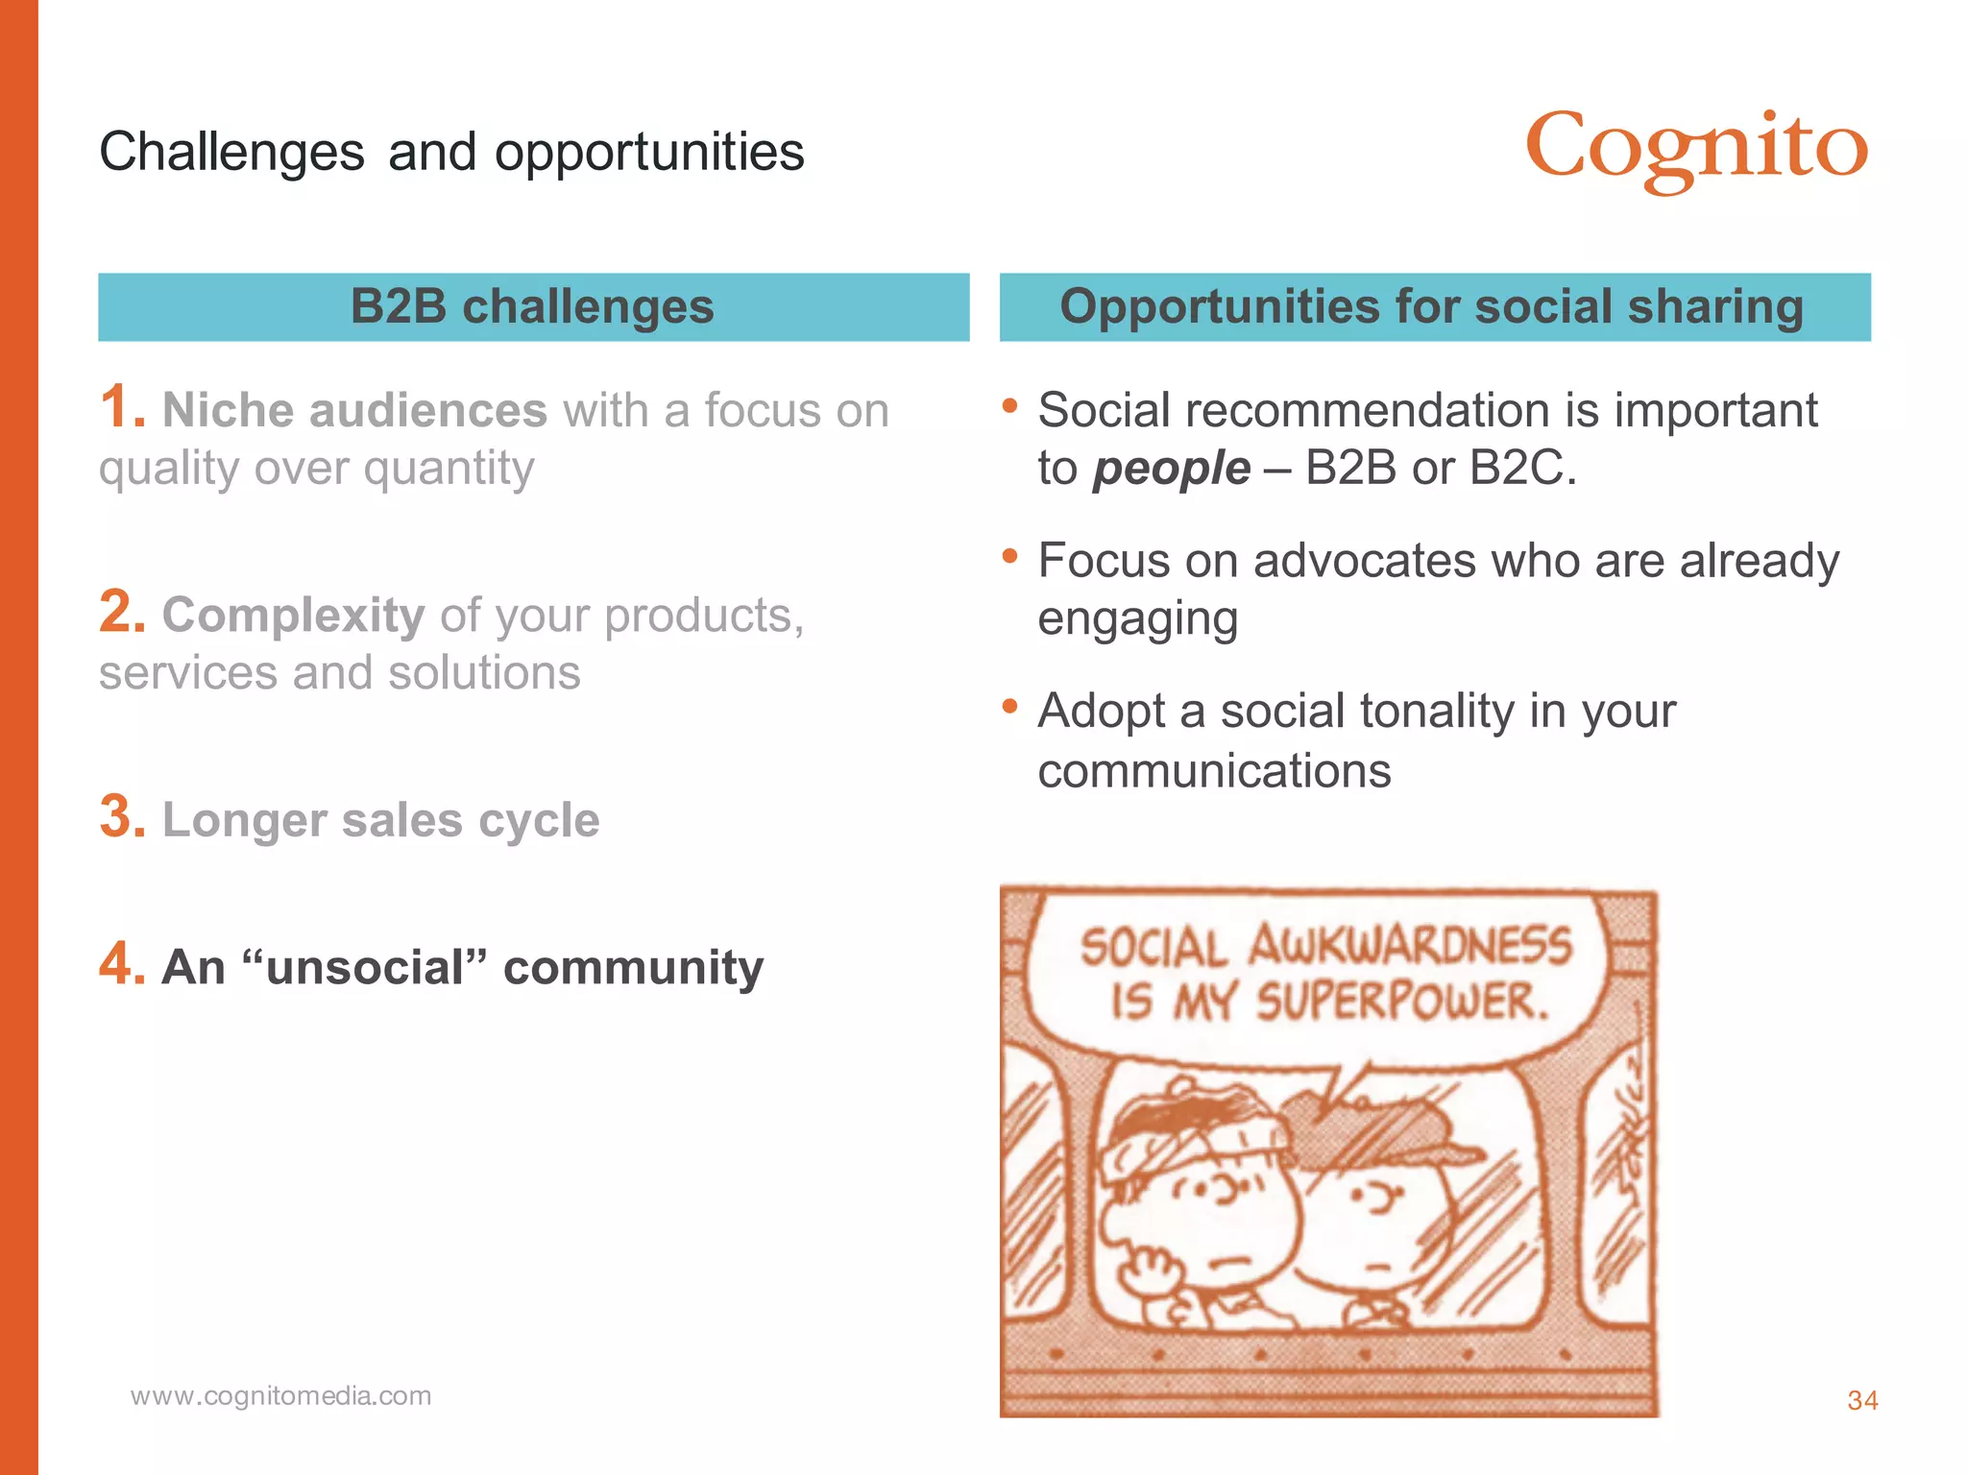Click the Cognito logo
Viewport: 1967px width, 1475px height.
[1696, 150]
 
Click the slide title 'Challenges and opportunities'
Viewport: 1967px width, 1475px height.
[451, 152]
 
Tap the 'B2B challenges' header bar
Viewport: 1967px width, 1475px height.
[533, 307]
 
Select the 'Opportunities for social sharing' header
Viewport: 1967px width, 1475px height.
[1433, 307]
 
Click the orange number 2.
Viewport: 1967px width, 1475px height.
[121, 612]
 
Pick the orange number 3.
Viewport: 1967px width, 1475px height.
[121, 817]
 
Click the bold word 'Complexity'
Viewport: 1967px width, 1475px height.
[293, 615]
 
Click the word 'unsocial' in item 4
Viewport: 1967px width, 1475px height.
[365, 967]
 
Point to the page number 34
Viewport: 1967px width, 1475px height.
[1862, 1400]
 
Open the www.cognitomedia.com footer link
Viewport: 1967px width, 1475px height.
[281, 1395]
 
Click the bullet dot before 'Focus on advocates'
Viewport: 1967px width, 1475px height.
[1009, 556]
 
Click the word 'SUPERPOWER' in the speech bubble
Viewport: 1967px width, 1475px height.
[1402, 1002]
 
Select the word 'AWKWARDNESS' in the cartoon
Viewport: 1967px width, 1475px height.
[1410, 946]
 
